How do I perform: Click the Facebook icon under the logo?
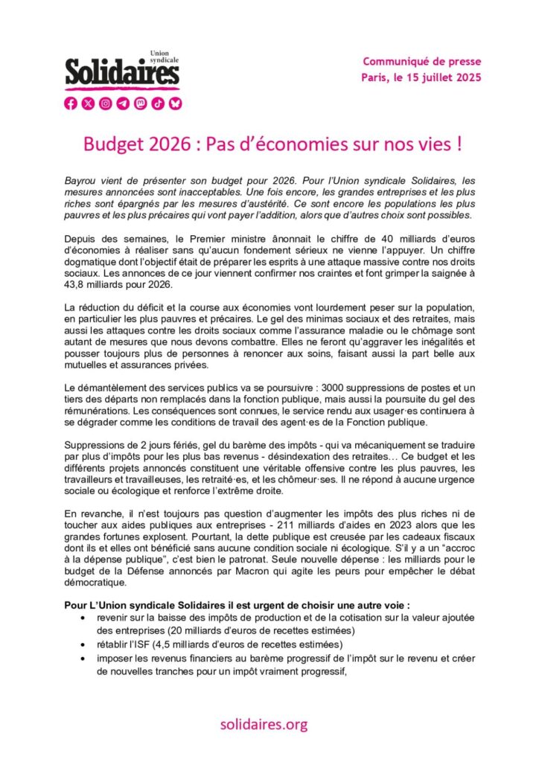click(71, 103)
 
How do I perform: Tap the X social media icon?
click(88, 103)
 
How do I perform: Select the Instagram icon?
click(106, 103)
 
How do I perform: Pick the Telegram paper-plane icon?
click(123, 103)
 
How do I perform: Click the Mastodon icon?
click(140, 103)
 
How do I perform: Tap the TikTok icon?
click(157, 103)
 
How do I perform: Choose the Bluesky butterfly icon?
click(175, 103)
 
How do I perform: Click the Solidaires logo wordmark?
click(122, 73)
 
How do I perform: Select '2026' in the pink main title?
click(162, 144)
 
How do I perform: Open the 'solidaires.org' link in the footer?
click(264, 723)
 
